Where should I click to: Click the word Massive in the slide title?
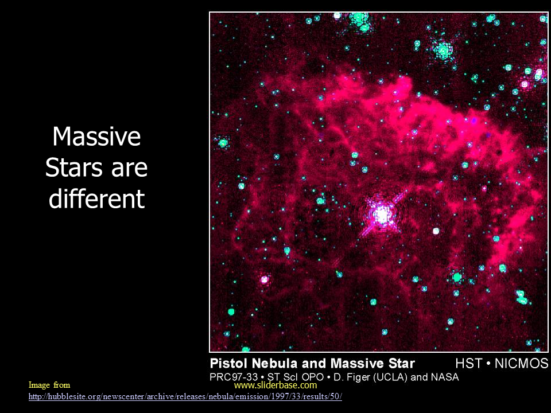[96, 137]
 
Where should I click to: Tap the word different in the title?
[96, 198]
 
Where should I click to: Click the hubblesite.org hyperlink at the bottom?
[185, 396]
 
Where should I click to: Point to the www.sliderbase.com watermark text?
[275, 385]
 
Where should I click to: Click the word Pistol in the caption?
[229, 363]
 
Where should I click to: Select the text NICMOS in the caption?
[522, 363]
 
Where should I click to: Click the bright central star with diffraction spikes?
[381, 214]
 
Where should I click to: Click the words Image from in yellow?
[49, 385]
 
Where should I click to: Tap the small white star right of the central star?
[436, 231]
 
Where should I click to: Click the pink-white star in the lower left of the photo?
[264, 280]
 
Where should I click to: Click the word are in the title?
[129, 169]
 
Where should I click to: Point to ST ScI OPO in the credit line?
[295, 377]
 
